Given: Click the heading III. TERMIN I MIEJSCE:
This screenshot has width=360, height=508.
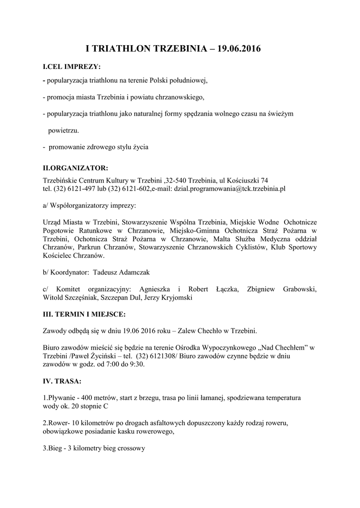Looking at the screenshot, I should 84,315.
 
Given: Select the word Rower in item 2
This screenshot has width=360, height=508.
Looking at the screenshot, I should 57,424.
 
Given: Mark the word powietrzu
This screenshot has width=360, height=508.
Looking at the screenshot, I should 63,130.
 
